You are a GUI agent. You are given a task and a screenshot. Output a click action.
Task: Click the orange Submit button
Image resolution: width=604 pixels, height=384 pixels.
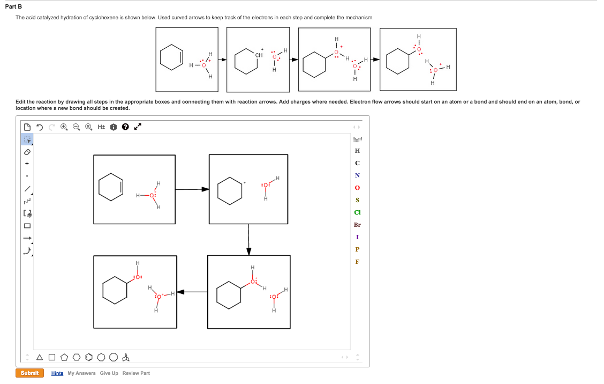point(29,373)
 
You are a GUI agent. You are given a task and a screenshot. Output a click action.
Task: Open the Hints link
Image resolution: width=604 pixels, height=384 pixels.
point(57,373)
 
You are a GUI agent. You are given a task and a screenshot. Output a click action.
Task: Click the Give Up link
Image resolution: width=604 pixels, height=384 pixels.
point(109,373)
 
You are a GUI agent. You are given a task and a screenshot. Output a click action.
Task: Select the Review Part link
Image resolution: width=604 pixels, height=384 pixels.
point(136,373)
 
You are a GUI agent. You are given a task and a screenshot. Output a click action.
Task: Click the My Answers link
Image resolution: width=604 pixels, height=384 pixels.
point(81,373)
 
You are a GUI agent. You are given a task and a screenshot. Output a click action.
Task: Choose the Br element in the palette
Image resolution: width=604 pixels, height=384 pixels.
point(357,225)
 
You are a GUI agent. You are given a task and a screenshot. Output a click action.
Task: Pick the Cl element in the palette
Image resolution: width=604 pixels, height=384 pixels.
point(357,212)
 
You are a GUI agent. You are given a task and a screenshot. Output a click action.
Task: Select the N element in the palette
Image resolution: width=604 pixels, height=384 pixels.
point(357,175)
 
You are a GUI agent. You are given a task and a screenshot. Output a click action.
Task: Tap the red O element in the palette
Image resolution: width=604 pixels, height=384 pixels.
point(357,188)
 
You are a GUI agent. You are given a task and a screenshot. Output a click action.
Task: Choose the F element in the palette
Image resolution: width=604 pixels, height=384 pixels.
point(357,262)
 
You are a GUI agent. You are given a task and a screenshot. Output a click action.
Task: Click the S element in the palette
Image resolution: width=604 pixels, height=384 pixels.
point(357,200)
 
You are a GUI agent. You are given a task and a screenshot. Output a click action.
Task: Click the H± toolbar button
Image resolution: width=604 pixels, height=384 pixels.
point(102,127)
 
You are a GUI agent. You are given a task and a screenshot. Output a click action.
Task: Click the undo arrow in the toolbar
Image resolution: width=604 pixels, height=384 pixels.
point(40,127)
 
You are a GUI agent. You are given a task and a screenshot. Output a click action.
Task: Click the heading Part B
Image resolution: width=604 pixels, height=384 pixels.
point(20,6)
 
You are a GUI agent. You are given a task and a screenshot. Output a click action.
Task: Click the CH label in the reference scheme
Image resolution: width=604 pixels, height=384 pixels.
point(259,55)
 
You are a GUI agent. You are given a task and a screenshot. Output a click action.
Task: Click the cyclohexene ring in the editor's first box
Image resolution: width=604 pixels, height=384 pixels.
point(111,187)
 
